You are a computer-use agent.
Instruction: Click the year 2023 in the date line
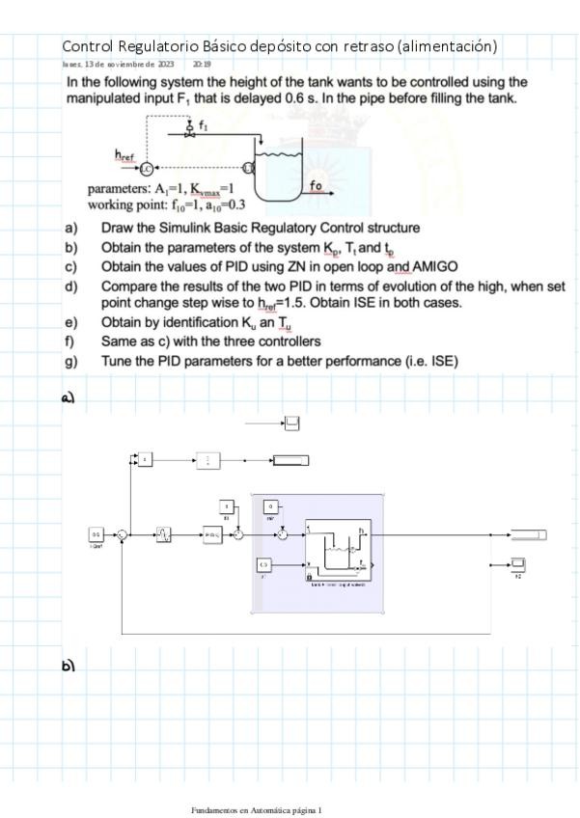(x=165, y=65)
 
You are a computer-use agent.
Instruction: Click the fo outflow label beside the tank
(x=317, y=185)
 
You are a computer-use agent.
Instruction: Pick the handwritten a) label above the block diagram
(x=69, y=396)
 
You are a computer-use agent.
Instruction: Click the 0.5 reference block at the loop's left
(x=97, y=533)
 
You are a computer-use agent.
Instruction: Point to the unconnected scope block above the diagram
(x=291, y=423)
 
